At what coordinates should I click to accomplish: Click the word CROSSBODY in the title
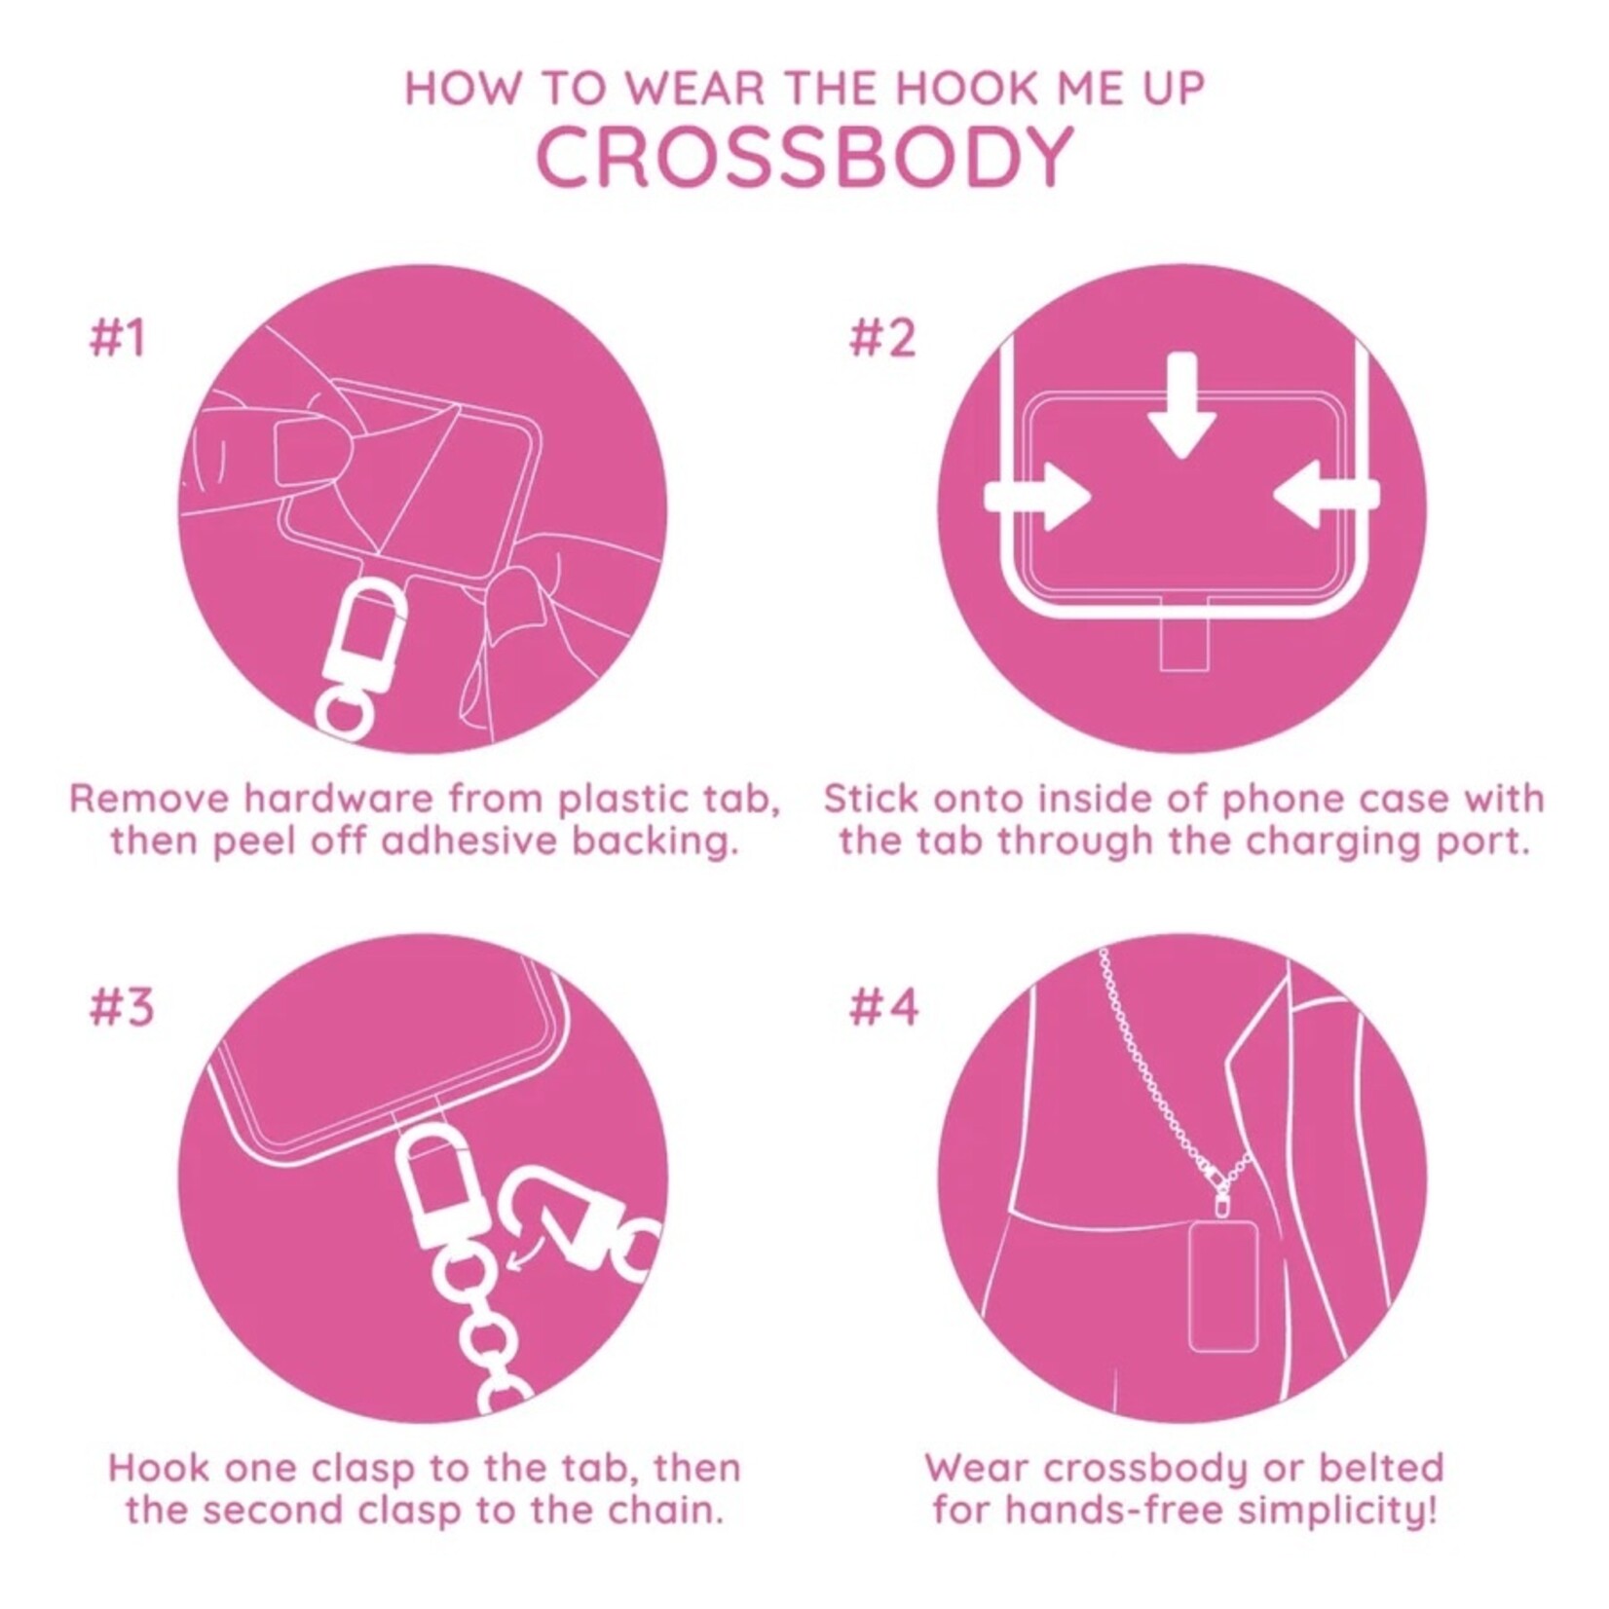[804, 158]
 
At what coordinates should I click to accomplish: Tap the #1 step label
[117, 338]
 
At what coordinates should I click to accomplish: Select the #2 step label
[883, 338]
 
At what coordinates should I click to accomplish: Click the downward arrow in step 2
[1181, 405]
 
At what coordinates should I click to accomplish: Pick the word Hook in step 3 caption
[157, 1468]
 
